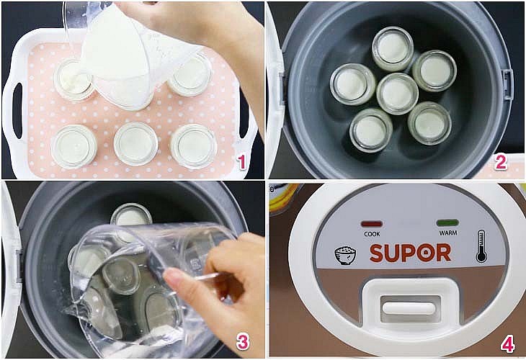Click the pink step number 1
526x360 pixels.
click(x=242, y=162)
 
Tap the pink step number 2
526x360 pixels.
click(x=501, y=162)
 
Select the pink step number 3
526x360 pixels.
click(x=243, y=342)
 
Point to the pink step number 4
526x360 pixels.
click(x=507, y=345)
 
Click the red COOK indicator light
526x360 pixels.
click(x=372, y=224)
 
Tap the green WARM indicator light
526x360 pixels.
click(x=447, y=223)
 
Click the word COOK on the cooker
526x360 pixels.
click(x=372, y=234)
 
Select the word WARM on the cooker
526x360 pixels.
click(x=448, y=233)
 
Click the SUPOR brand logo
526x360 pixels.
click(x=410, y=253)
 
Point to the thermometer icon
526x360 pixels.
click(x=481, y=246)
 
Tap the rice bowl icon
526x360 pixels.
click(x=345, y=256)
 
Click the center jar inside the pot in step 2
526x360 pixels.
click(x=397, y=94)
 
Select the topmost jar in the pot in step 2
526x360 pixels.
click(x=393, y=49)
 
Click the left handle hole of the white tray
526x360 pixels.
click(x=17, y=111)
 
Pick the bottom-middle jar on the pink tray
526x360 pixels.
click(x=136, y=144)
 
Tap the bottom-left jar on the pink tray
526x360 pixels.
click(x=74, y=146)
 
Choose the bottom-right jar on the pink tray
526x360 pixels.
click(x=194, y=146)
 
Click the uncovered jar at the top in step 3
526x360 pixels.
click(x=131, y=215)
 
